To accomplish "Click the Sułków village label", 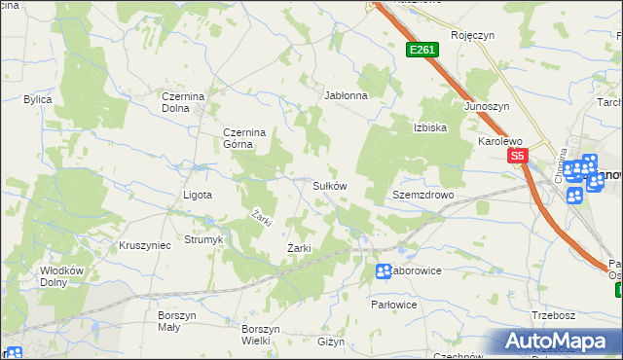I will (329, 185).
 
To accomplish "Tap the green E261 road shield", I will (421, 50).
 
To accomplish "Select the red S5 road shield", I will (516, 156).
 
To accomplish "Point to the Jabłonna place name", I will (346, 96).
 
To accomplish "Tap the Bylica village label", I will (38, 99).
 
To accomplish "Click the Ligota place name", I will (198, 195).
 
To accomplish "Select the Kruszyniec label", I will (144, 245).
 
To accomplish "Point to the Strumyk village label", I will (204, 239).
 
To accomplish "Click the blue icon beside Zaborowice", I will (384, 270).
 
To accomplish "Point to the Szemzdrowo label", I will (423, 195).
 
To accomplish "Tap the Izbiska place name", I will (429, 127).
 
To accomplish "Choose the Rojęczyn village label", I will (473, 35).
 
